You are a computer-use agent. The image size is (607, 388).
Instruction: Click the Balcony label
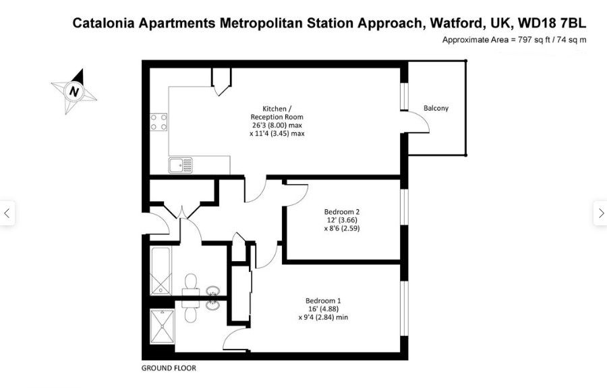[436, 109]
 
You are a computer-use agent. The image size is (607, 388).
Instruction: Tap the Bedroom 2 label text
[342, 212]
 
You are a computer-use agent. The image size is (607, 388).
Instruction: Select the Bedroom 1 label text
[323, 301]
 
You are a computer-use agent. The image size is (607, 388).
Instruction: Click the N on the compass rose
[74, 92]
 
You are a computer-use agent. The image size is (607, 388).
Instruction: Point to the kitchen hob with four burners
[158, 121]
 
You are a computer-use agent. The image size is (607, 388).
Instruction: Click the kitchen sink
[180, 165]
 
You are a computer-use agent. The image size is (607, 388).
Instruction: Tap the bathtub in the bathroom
[161, 271]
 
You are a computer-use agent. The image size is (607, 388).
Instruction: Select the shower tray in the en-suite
[162, 327]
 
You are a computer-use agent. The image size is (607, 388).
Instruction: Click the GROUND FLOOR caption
[169, 368]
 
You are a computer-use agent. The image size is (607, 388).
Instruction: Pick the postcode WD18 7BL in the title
[552, 23]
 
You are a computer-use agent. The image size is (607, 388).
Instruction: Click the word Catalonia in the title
[104, 23]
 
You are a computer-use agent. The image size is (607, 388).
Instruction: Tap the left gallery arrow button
[7, 213]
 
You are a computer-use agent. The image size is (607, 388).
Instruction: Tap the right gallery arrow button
[600, 213]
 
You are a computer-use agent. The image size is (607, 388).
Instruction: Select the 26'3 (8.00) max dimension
[277, 125]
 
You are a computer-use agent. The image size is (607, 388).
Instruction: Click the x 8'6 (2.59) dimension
[342, 229]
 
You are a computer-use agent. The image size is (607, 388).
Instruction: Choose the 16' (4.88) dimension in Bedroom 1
[323, 309]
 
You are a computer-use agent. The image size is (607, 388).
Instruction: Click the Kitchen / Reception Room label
[277, 113]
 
